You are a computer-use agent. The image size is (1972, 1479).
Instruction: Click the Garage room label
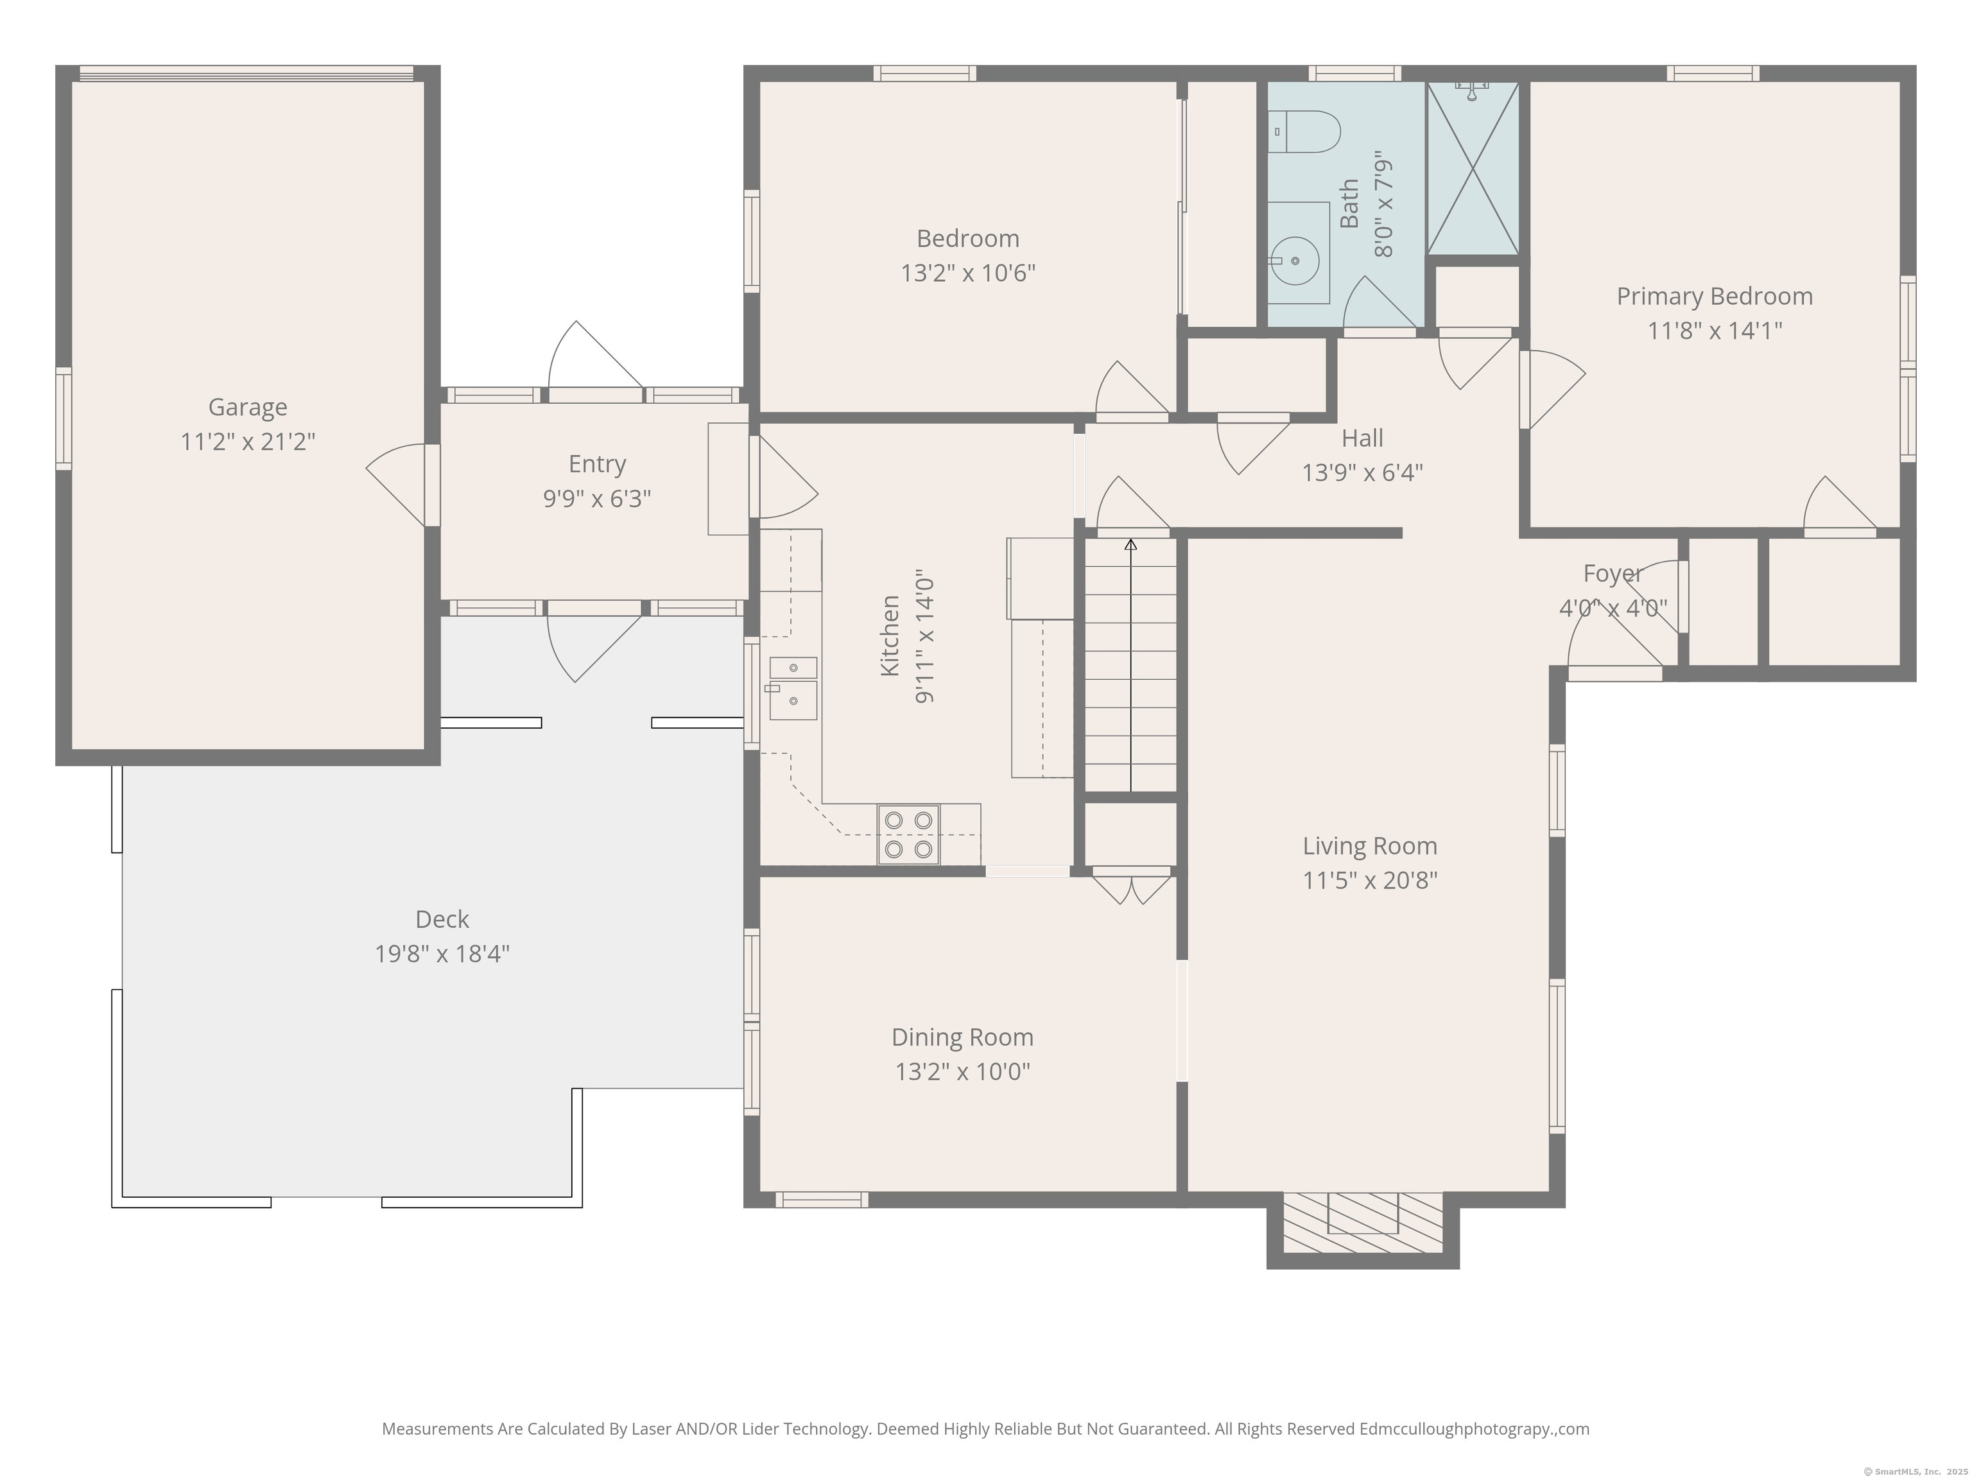(x=248, y=408)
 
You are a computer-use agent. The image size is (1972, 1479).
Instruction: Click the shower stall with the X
(x=1473, y=168)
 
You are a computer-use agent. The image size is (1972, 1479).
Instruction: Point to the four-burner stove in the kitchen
(x=908, y=835)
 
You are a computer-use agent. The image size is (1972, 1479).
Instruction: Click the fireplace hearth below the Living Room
(x=1362, y=1222)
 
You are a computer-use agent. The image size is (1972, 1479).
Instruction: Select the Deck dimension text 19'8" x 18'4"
(x=442, y=954)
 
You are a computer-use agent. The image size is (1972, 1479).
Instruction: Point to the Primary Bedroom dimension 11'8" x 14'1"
(x=1715, y=331)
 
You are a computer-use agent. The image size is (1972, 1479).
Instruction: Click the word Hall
(x=1362, y=438)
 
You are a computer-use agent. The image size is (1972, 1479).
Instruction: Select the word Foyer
(x=1613, y=574)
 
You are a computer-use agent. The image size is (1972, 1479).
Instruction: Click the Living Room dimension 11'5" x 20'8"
(x=1371, y=881)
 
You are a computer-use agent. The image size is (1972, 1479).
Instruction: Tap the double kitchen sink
(x=793, y=688)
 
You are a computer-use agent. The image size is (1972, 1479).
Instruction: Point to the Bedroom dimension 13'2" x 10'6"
(x=968, y=273)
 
